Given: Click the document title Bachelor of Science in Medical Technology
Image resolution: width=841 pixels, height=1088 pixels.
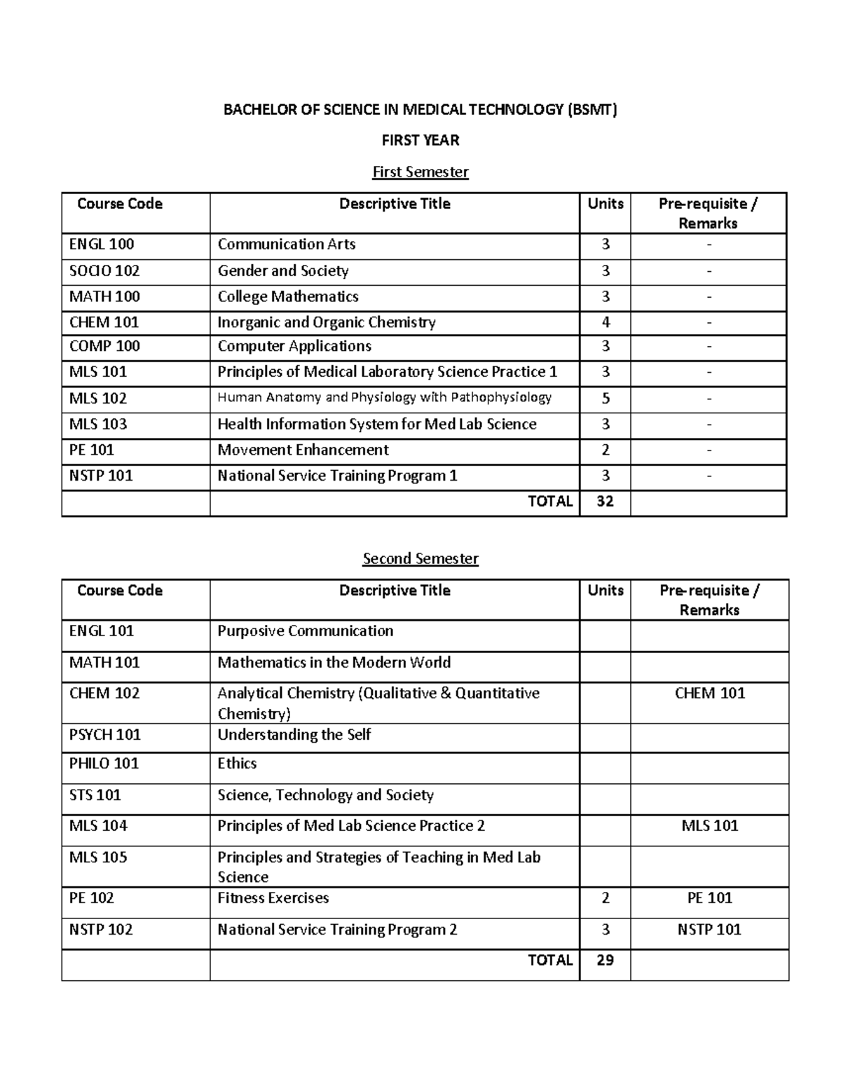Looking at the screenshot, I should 420,109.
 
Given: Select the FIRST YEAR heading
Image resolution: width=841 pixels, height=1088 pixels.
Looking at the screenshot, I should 420,140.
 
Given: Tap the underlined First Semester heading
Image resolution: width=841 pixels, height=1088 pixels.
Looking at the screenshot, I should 420,172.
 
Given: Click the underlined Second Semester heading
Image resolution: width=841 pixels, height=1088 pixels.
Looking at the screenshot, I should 420,558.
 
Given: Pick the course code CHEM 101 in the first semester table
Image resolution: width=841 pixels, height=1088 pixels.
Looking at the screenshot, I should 104,322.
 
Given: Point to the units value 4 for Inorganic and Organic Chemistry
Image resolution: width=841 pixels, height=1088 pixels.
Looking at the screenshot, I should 606,322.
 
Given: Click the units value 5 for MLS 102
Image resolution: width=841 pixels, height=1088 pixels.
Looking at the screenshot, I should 606,398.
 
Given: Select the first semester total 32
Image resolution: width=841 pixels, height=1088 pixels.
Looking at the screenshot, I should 605,502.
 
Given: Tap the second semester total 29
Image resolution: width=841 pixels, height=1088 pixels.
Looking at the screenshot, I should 605,960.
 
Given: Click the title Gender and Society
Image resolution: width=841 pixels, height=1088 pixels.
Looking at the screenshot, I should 283,270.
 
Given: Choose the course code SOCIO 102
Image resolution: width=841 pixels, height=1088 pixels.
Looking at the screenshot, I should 104,270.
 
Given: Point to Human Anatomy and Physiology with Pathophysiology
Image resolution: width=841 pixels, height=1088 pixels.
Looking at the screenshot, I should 384,397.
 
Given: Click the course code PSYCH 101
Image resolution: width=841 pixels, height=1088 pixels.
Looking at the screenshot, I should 104,734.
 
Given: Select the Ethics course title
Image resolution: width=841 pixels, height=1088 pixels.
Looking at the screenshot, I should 237,763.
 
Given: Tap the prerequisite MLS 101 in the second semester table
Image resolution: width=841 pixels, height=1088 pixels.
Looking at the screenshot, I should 710,825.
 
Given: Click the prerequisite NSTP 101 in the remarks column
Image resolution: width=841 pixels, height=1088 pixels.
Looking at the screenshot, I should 709,929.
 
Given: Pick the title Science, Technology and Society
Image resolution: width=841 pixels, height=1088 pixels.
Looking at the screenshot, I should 325,794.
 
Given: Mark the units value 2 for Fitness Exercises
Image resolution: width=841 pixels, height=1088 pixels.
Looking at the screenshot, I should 606,897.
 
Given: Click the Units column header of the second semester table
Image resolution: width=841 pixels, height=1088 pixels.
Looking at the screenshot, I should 606,591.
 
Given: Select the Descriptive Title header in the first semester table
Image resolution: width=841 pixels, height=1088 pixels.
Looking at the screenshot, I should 395,204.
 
